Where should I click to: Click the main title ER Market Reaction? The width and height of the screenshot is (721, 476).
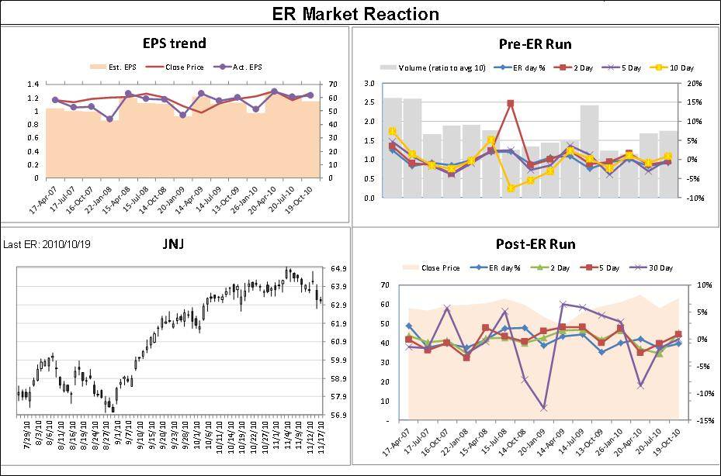pos(355,14)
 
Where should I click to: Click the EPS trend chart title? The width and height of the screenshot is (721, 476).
pos(174,43)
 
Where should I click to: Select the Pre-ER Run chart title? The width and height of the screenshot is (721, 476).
pos(535,44)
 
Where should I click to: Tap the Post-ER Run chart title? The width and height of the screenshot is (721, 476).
pos(536,244)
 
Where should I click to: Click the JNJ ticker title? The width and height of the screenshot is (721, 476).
pos(172,244)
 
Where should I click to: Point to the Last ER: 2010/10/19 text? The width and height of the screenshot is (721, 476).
pos(47,244)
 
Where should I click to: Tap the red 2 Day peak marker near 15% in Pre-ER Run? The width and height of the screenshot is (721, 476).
pos(510,103)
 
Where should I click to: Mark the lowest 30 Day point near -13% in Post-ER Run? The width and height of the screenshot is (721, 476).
pos(543,408)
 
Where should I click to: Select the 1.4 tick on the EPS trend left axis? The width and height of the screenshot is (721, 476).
pos(33,84)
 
